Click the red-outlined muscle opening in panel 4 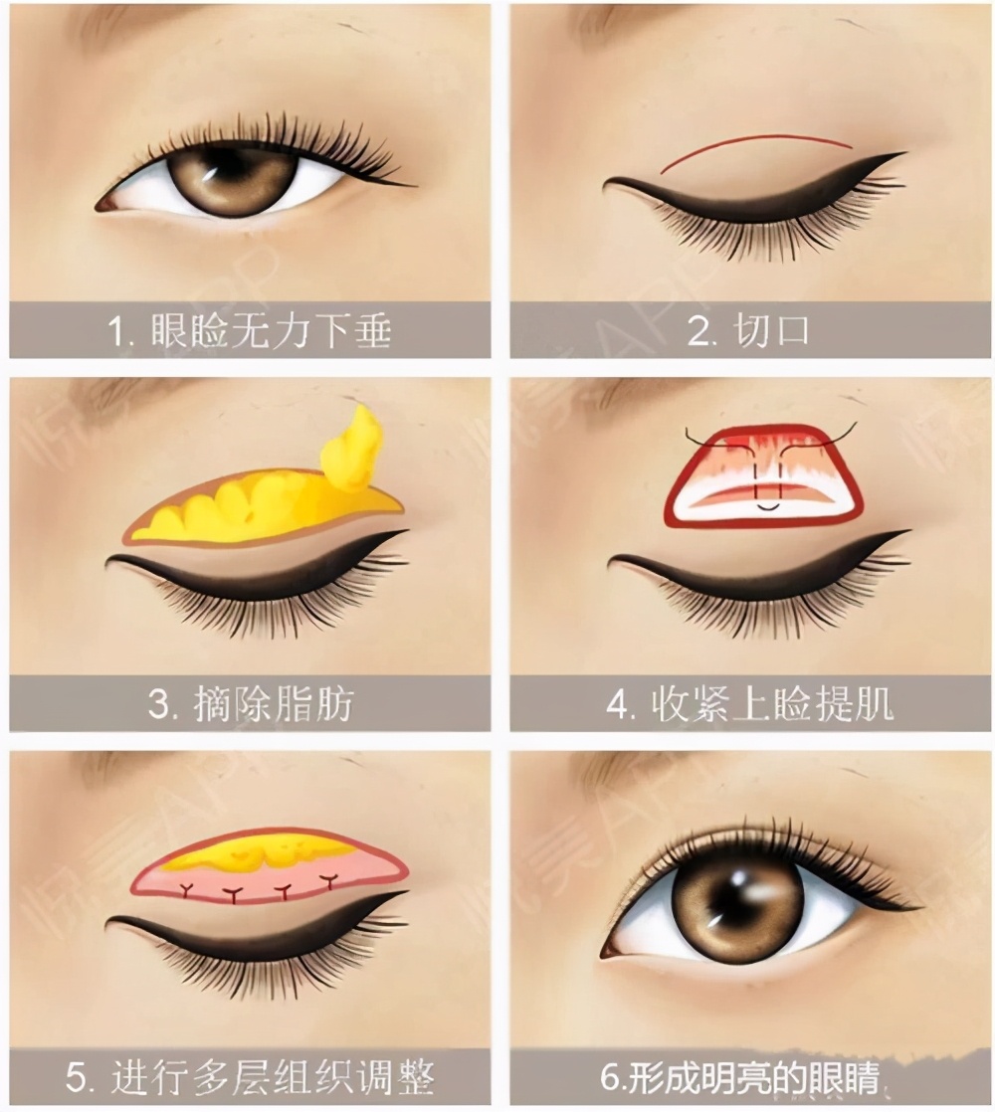(764, 475)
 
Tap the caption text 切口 (771, 330)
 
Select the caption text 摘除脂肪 (273, 704)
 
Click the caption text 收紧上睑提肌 (771, 704)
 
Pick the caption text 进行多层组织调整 (273, 1077)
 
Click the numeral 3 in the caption (159, 705)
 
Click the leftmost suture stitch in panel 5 (189, 889)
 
